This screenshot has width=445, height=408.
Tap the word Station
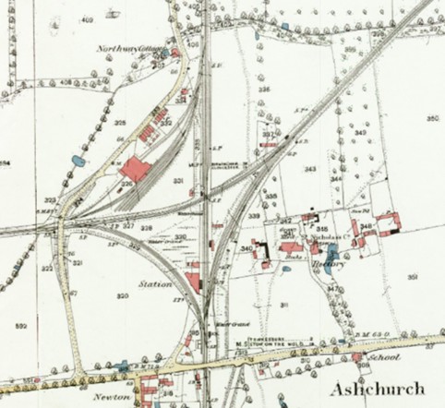[x=154, y=284]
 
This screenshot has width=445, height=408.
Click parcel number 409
[x=89, y=19]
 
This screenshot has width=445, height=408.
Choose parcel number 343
[x=310, y=169]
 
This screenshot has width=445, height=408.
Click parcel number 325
[x=121, y=123]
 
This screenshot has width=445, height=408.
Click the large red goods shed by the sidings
[x=136, y=170]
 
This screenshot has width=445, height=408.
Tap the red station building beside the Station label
[x=192, y=281]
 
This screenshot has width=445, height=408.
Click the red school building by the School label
[x=356, y=358]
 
